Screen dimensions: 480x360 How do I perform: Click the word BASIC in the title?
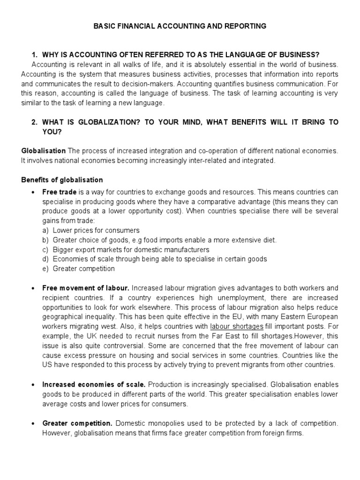(x=104, y=26)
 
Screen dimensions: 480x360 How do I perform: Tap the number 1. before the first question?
(x=34, y=54)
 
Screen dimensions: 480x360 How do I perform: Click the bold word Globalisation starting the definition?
(x=44, y=150)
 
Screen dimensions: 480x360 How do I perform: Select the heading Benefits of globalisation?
(x=62, y=180)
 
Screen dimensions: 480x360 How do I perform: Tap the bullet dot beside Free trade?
(x=33, y=193)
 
